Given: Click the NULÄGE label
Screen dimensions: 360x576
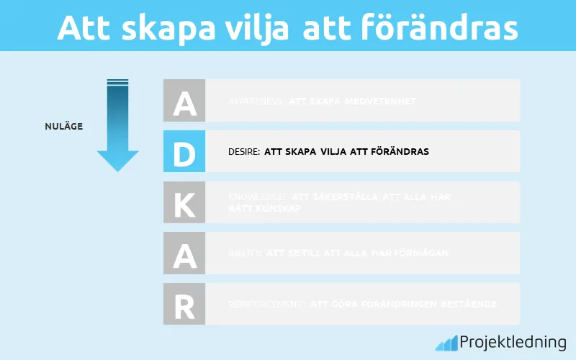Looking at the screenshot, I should (63, 127).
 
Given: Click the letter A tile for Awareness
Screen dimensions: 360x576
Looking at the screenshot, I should (184, 101).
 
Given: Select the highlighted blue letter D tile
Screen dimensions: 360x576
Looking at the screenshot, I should (184, 151).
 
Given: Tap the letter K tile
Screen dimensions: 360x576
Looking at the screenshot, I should (184, 202).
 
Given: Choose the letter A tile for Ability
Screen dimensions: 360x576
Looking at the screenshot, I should (184, 253).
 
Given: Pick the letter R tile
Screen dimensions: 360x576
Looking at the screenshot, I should (184, 304).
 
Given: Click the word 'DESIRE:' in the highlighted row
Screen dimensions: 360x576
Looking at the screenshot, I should (243, 152).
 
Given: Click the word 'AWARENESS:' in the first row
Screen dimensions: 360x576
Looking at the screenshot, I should (256, 102).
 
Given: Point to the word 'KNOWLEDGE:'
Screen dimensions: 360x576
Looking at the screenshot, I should (257, 197).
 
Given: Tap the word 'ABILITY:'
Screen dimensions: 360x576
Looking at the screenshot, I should (245, 253).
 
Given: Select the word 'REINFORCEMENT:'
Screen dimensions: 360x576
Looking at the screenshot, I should (266, 305).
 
